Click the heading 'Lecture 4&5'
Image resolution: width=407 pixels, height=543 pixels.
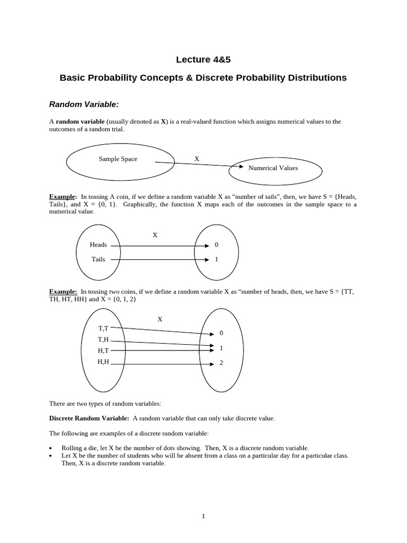pos(203,59)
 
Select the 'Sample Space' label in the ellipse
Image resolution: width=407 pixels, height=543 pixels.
pos(118,159)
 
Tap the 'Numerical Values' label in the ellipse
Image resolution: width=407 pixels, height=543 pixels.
pos(273,168)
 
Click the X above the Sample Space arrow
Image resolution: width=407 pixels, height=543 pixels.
pos(197,159)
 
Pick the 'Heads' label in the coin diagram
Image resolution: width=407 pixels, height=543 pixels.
pos(99,245)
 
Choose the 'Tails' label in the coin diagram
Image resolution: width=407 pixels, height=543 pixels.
pos(98,259)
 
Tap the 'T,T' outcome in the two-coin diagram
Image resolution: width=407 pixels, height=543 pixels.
pos(103,328)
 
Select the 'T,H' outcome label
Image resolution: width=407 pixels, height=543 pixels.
pos(103,339)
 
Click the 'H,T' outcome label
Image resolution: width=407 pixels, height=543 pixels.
pos(103,351)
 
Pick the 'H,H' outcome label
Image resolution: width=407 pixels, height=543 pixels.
pos(103,362)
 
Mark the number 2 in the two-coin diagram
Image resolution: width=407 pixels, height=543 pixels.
pos(221,364)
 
